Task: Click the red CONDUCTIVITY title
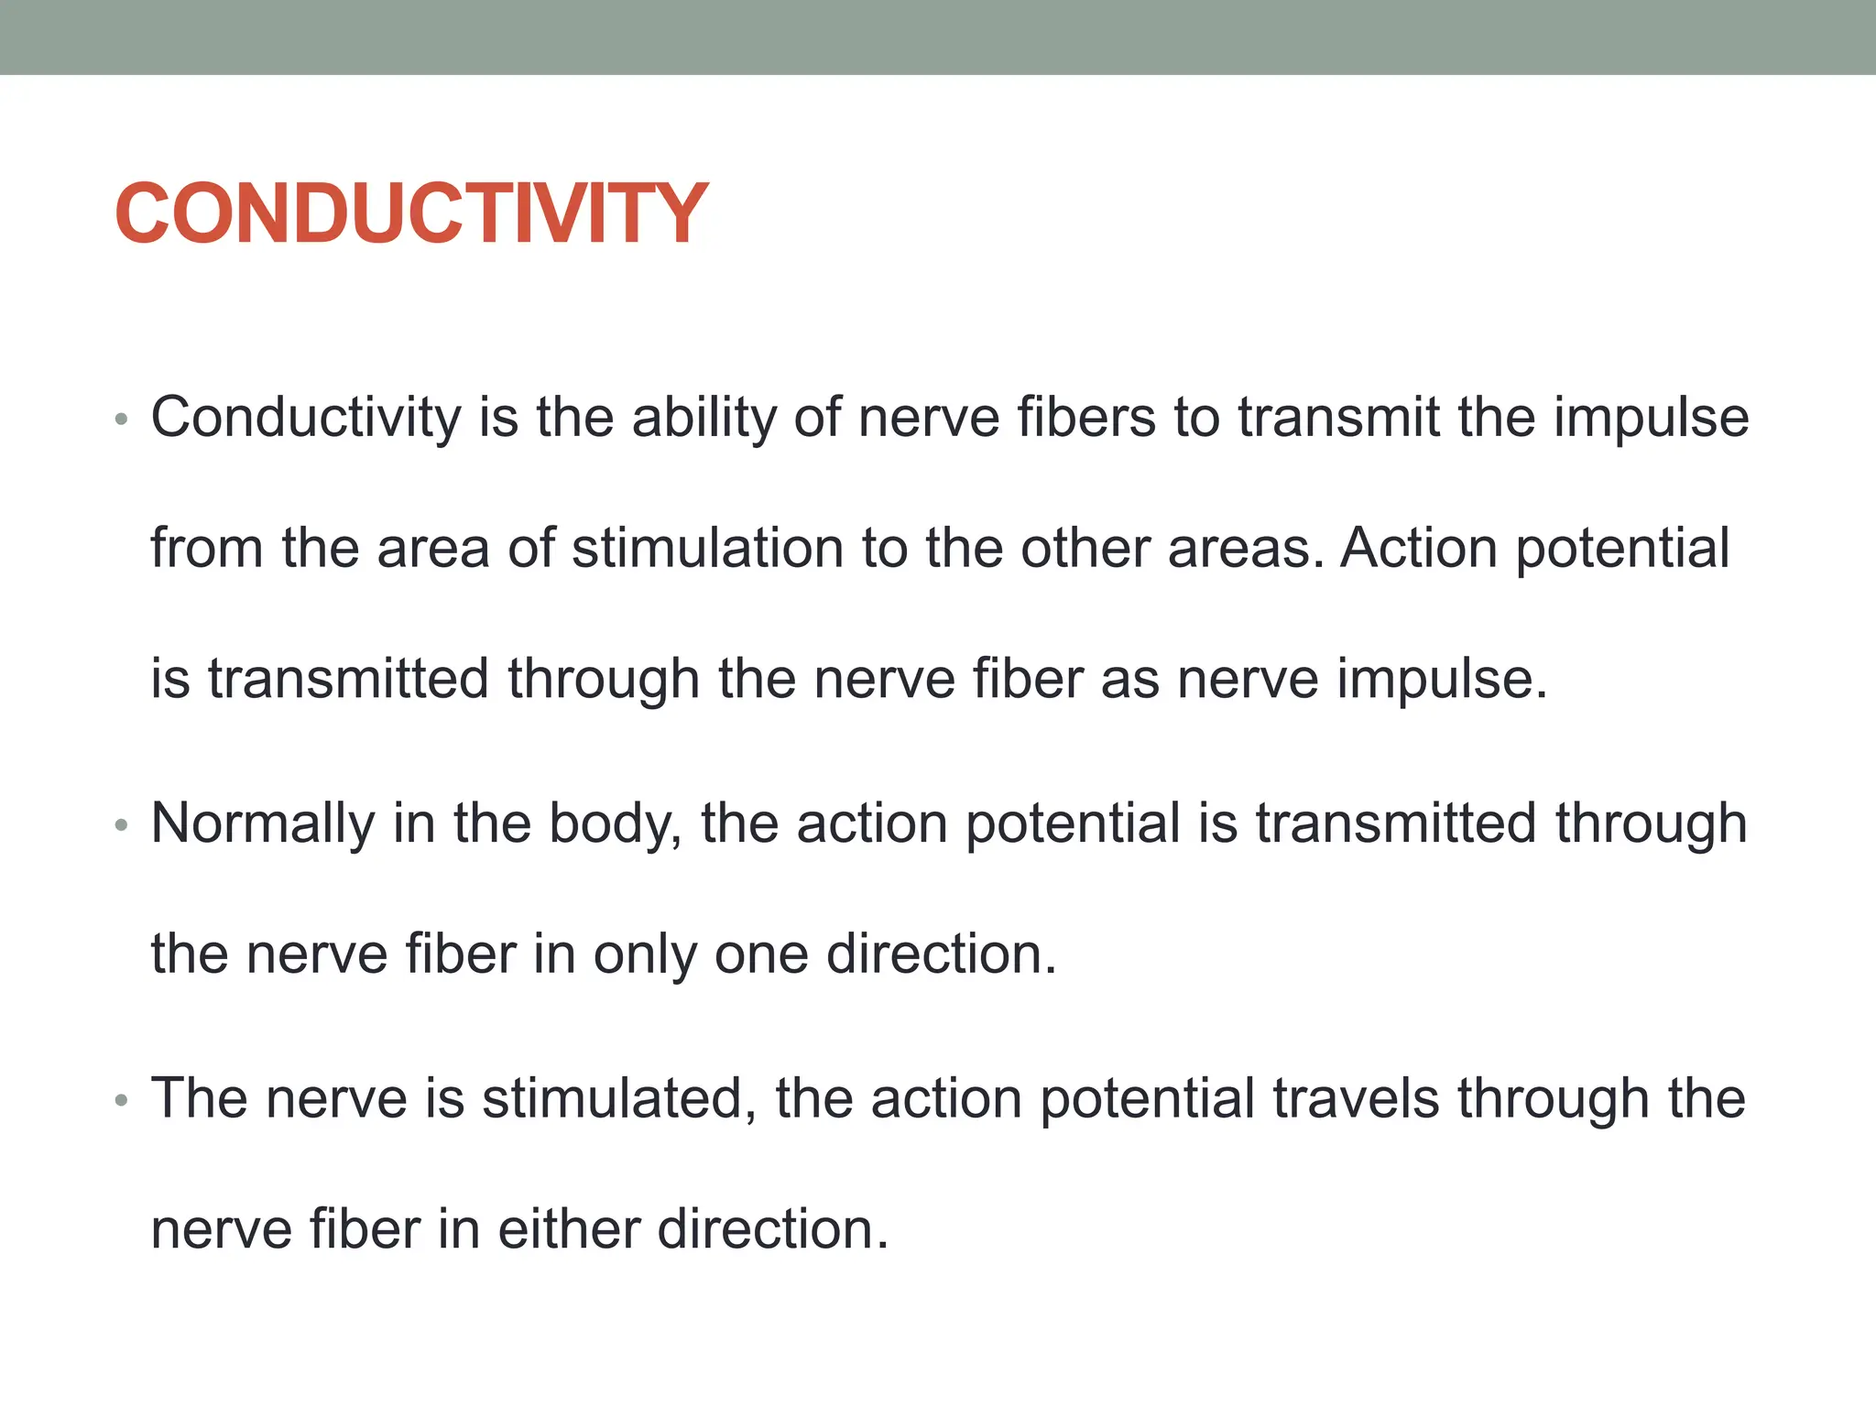[x=411, y=213]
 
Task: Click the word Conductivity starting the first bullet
[x=305, y=418]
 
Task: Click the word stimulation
[x=707, y=549]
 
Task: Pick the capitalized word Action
[x=1418, y=549]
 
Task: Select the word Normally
[x=263, y=823]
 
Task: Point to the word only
[x=645, y=954]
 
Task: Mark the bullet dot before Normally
[x=121, y=826]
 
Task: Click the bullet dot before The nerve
[x=121, y=1100]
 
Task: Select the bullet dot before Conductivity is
[x=121, y=420]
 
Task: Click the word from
[x=207, y=549]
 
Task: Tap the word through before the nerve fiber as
[x=604, y=680]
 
